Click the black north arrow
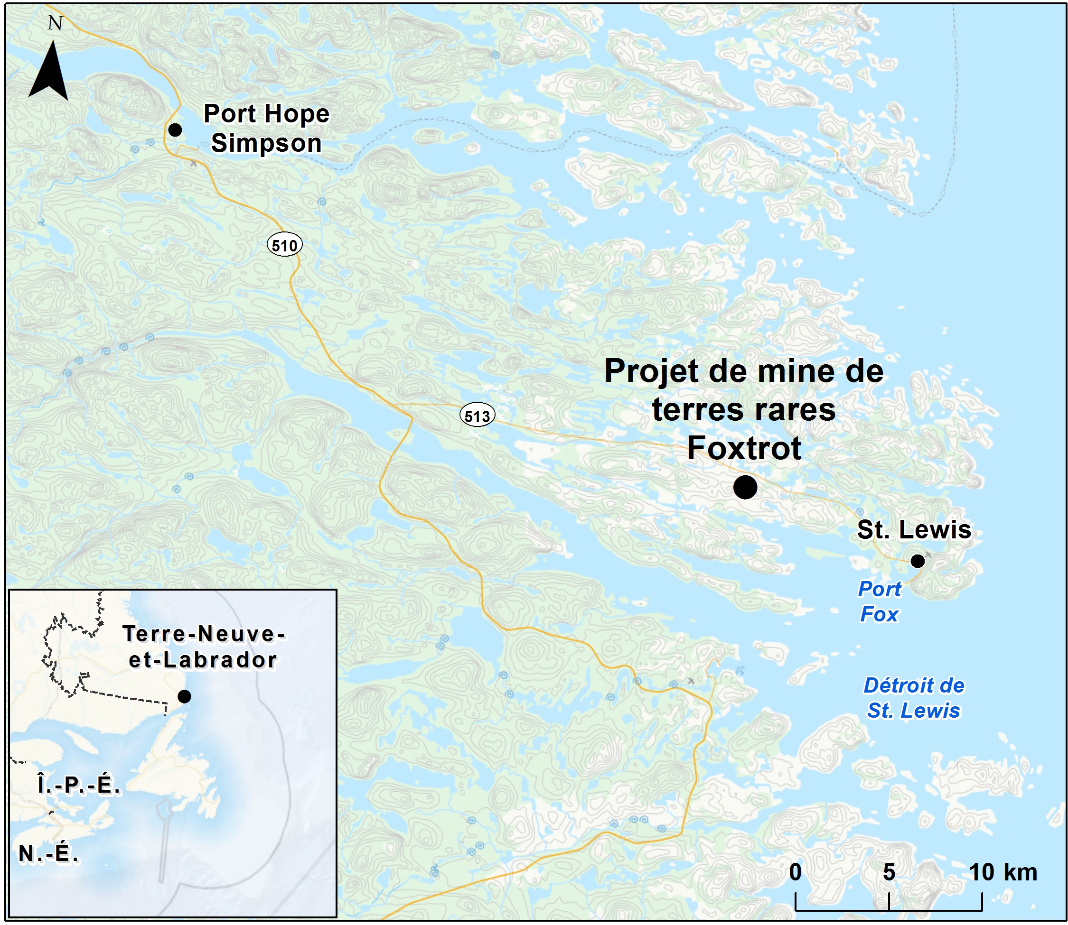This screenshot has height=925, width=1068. coord(48,72)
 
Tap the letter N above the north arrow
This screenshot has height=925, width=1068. coord(55,23)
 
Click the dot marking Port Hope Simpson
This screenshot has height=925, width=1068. coord(175,129)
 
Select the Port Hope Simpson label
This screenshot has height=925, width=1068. coord(266,128)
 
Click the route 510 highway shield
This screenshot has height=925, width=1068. coord(284,245)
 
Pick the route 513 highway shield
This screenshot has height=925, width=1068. coord(477,416)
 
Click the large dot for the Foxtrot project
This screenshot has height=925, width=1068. coord(745,487)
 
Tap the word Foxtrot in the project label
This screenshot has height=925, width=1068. coord(744,447)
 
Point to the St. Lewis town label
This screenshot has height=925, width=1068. coord(914,529)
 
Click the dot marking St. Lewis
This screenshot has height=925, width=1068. coord(917,561)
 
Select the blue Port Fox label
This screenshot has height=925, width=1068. coord(879,601)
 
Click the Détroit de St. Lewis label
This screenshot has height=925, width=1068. coord(914,698)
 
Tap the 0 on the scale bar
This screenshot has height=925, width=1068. coord(796,872)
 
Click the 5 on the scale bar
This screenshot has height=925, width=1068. coord(889,872)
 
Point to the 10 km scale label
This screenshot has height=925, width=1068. coord(1002,872)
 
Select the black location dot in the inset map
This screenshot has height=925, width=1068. coord(184,696)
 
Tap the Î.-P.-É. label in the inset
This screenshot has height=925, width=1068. coord(78,785)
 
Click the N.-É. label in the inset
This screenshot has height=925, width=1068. coord(48,854)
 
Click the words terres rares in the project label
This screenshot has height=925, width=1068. coord(744,409)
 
